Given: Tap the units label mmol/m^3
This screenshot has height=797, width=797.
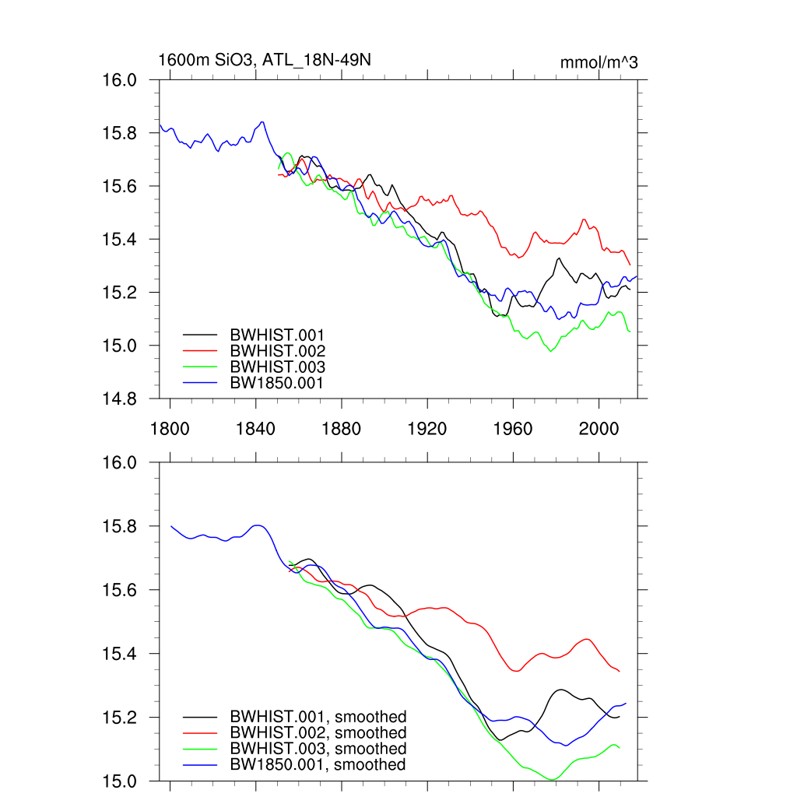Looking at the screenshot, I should tap(599, 63).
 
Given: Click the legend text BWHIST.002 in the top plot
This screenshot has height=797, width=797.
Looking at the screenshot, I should tap(277, 350).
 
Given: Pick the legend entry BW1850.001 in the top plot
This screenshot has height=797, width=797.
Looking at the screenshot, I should tap(277, 383).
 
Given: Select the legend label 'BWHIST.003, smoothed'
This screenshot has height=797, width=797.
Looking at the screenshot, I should tap(318, 749).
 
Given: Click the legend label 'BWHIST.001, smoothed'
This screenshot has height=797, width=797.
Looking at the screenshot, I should tap(318, 716).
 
